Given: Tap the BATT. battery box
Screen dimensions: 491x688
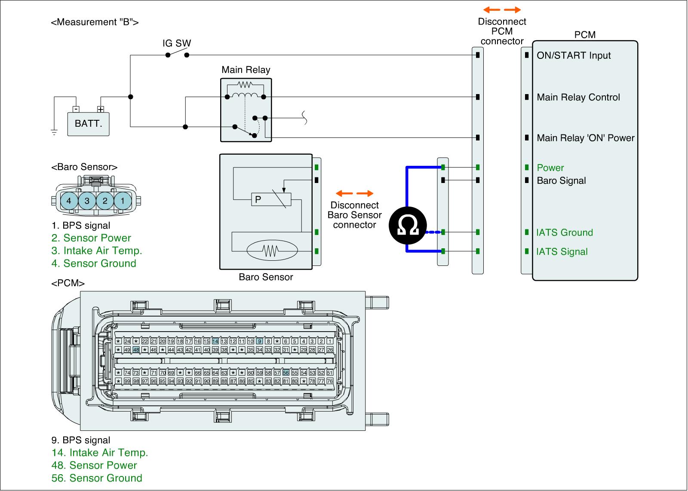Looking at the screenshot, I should click(89, 124).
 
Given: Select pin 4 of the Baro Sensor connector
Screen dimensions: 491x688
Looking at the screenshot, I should click(69, 201).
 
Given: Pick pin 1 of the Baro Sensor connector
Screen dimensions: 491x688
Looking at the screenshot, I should click(123, 201).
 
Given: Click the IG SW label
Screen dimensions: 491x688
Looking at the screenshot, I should click(176, 43).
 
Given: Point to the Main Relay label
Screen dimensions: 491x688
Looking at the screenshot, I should click(246, 70).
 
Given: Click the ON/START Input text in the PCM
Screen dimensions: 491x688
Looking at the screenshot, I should click(574, 55).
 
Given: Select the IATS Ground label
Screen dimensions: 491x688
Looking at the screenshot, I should click(565, 233).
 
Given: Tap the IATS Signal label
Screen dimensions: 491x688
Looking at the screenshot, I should click(562, 252).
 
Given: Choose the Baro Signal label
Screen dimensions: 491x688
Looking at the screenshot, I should click(561, 180).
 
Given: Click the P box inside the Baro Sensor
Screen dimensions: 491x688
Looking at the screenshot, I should click(258, 200).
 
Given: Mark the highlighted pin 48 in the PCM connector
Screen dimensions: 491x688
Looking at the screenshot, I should click(136, 350).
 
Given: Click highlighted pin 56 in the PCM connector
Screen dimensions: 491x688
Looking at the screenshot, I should click(286, 373).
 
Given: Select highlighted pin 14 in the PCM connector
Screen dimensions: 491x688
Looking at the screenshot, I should click(215, 341).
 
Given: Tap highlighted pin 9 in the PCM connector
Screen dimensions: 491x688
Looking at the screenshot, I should click(259, 341).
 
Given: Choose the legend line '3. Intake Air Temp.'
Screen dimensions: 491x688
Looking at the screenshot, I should click(97, 250).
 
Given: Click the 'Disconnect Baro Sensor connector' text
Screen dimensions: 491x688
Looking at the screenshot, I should click(355, 215).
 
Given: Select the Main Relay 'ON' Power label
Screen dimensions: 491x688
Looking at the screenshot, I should click(586, 138).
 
